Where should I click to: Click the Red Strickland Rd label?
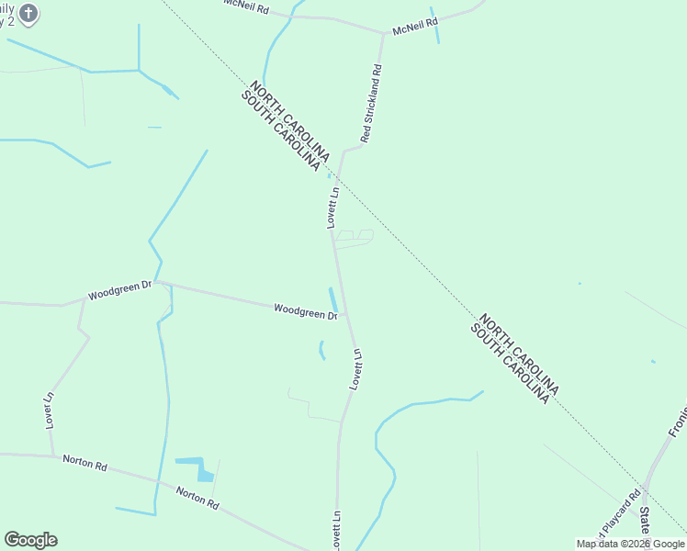pos(372,103)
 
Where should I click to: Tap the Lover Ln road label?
pos(50,410)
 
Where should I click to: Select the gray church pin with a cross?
pos(28,13)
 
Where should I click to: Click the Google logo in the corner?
pos(30,540)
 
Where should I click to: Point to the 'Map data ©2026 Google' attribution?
pos(630,544)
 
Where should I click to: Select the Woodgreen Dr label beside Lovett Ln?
pos(305,312)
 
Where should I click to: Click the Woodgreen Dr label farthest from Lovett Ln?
pos(119,291)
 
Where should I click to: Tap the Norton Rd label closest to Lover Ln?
pos(84,463)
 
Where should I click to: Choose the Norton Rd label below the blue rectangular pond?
pos(198,498)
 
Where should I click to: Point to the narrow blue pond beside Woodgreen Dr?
pos(332,299)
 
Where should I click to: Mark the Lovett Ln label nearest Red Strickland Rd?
pos(333,208)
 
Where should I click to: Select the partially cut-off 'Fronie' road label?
pos(677,420)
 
